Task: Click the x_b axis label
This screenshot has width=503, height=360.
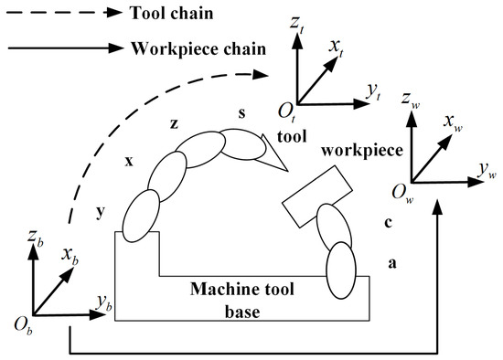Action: [x=70, y=253]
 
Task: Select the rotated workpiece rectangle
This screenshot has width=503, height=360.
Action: [x=315, y=196]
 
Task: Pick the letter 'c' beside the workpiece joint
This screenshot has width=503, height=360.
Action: [x=387, y=224]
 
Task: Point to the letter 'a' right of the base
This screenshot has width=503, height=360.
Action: [x=392, y=263]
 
